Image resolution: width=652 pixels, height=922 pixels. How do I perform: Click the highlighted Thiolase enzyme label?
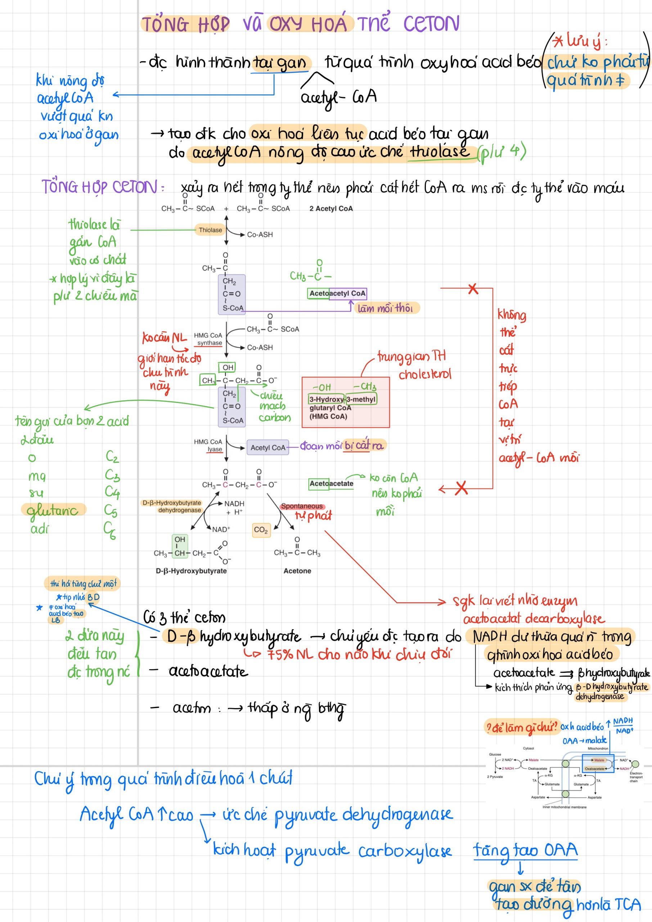(210, 230)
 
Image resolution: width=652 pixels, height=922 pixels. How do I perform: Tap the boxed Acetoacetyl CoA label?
(337, 294)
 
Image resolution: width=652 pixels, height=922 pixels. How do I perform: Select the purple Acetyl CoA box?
(267, 447)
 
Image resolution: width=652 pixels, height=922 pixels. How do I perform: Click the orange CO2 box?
(261, 530)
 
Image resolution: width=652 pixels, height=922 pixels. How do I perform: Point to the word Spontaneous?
(301, 506)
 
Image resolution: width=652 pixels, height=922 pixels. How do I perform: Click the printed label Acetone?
(297, 570)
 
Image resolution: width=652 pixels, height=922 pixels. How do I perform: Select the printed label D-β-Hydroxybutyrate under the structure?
(191, 570)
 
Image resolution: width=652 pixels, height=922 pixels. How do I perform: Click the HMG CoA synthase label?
(208, 339)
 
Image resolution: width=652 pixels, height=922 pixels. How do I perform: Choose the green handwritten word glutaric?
(52, 510)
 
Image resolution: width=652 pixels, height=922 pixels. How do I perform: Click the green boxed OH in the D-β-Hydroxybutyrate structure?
(179, 539)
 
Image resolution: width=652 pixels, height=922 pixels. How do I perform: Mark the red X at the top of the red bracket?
(473, 288)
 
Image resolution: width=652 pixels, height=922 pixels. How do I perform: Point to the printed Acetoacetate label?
(331, 483)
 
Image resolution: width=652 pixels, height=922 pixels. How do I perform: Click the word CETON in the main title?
(431, 24)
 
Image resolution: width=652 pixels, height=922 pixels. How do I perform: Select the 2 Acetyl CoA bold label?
(331, 209)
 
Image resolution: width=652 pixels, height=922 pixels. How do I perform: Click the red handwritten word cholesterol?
(425, 375)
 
